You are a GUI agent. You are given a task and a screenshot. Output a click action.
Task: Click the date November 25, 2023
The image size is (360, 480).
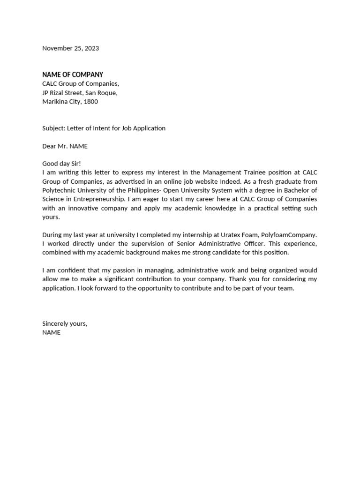point(70,48)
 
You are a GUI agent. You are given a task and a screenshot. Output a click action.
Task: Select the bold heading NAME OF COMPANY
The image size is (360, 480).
point(73,75)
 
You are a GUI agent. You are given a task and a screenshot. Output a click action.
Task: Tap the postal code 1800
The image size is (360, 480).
point(91,101)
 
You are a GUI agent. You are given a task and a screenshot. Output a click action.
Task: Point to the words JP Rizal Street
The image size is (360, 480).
point(62,92)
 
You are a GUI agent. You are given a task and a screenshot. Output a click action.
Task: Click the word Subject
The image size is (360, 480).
point(53,128)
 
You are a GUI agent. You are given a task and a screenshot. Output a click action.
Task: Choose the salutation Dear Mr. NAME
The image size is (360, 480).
point(65,146)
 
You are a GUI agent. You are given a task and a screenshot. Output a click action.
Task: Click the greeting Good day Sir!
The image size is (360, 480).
point(61,164)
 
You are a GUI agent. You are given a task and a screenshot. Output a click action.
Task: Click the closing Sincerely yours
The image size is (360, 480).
point(65,324)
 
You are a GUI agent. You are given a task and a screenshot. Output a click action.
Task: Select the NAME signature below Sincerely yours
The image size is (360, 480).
point(52,333)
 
